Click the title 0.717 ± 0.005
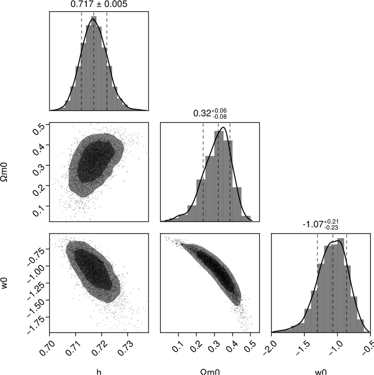[99, 4]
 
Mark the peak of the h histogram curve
[93, 19]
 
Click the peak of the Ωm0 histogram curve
[223, 127]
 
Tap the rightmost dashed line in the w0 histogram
[347, 281]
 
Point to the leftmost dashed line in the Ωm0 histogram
[203, 171]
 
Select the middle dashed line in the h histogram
[94, 62]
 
